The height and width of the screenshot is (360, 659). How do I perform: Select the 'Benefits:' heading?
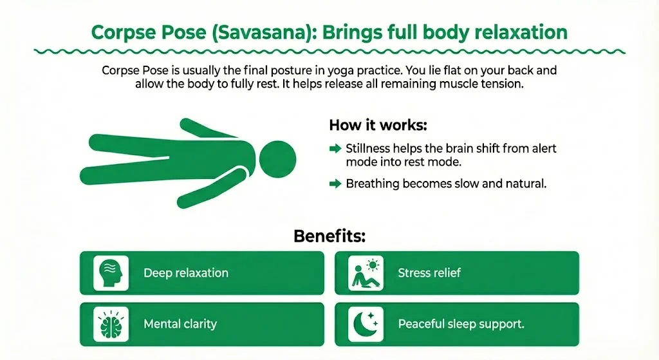(x=329, y=236)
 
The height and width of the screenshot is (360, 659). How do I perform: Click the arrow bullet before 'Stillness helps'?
(x=335, y=149)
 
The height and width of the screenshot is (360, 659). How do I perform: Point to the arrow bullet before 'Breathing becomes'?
(x=335, y=184)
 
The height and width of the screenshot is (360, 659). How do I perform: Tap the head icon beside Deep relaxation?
(x=111, y=272)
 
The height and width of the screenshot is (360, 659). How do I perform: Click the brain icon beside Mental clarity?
(x=111, y=323)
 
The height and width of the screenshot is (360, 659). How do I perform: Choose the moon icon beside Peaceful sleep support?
(x=366, y=323)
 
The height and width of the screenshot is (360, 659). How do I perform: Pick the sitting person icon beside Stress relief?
(x=366, y=272)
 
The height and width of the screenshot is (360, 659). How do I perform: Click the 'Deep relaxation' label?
(x=186, y=273)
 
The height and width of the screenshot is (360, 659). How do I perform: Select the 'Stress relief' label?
(x=429, y=273)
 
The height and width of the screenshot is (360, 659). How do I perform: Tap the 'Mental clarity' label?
(x=180, y=324)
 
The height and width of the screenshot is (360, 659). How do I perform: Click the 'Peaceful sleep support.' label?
(x=461, y=324)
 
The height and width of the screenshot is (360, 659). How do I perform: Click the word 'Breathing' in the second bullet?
(x=373, y=184)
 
